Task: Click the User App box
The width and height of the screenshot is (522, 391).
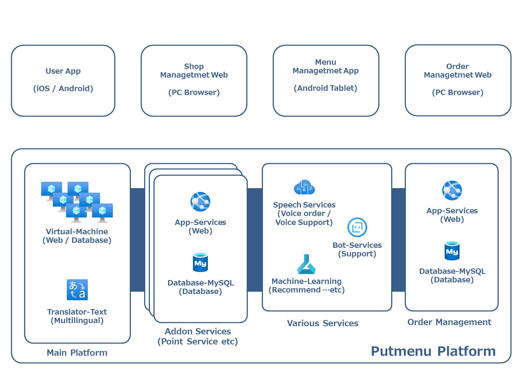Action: point(63,81)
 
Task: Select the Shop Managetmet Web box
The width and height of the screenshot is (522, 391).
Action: point(194,81)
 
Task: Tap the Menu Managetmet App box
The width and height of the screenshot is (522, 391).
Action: point(326,81)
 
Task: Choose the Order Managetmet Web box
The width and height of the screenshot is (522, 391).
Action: point(458,80)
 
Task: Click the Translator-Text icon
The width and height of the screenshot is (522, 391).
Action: point(77,290)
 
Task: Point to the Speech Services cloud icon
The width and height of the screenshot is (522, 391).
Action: point(304,188)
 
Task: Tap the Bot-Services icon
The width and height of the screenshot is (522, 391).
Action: point(357,227)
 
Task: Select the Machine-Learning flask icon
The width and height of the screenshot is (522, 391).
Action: point(306,265)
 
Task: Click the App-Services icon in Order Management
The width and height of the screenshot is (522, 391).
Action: point(452,190)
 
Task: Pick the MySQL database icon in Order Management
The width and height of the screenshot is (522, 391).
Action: point(452,251)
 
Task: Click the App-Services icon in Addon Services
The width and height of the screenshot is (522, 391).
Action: point(200,202)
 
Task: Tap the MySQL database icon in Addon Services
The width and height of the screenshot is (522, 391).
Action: point(200,263)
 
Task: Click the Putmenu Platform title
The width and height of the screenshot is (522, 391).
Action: point(433,351)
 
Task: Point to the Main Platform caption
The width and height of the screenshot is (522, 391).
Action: point(77,353)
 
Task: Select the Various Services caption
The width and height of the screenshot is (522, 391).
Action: point(322,323)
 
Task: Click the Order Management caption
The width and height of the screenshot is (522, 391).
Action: point(449,322)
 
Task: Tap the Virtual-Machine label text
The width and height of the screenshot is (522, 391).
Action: point(77,232)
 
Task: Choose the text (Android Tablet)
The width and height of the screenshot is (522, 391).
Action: point(325,88)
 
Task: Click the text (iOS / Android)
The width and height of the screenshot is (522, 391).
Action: point(63,88)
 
